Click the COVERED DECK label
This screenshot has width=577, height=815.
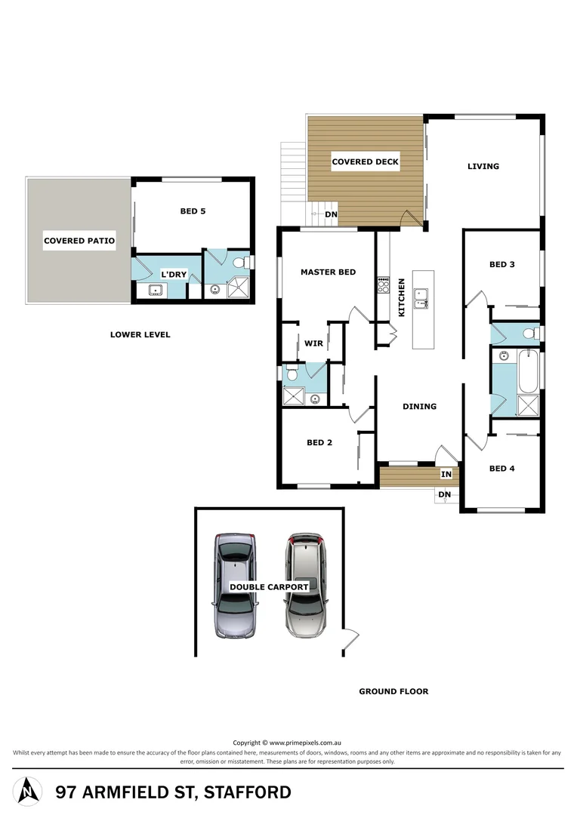[365, 161]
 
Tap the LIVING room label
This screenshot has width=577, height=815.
[483, 166]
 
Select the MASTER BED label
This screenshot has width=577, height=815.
[328, 272]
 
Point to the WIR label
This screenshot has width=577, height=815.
[313, 343]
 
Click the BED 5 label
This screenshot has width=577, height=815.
[193, 211]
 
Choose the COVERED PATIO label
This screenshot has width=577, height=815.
[79, 241]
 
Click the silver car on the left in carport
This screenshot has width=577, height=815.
[235, 586]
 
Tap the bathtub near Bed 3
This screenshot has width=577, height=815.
[528, 371]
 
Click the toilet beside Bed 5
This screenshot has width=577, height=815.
[241, 263]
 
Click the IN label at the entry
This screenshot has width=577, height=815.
[446, 474]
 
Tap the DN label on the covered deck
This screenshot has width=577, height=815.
[331, 214]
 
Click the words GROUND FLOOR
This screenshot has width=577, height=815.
[393, 690]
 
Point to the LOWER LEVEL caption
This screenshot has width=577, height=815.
[140, 334]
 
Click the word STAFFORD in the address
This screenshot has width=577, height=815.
[249, 792]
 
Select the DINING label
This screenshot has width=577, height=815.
[419, 406]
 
